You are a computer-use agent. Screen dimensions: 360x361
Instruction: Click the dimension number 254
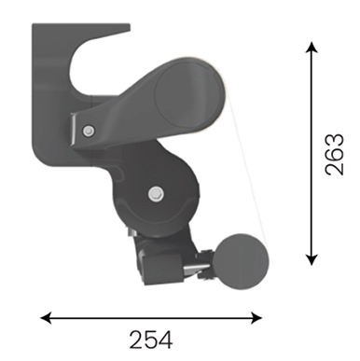click(x=151, y=340)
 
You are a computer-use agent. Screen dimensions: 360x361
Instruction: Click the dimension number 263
click(x=335, y=155)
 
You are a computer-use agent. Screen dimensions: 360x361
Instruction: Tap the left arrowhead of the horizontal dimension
click(x=46, y=318)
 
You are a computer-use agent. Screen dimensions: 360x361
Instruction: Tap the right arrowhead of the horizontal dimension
click(x=256, y=318)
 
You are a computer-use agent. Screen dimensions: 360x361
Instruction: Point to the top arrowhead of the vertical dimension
click(x=312, y=48)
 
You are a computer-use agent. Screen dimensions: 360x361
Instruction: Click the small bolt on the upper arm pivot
click(x=89, y=131)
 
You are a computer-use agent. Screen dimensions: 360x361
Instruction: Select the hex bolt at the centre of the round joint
click(x=156, y=194)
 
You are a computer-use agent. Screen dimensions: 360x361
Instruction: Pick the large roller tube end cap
click(x=188, y=93)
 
